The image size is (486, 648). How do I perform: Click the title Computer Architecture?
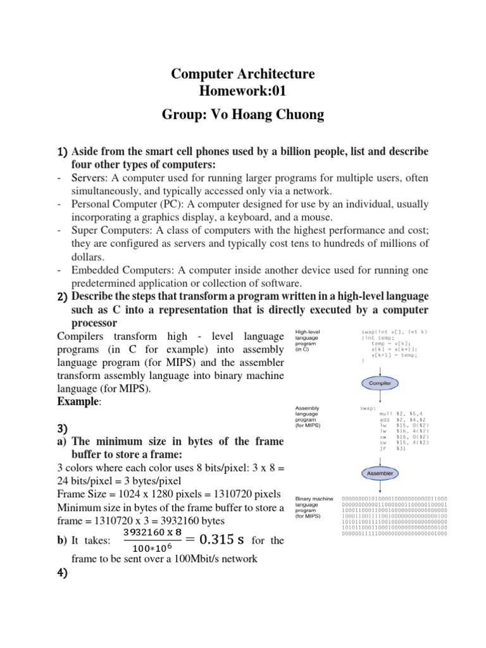click(x=243, y=75)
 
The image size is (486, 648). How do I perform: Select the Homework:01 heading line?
click(x=243, y=92)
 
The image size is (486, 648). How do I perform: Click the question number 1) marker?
click(x=62, y=153)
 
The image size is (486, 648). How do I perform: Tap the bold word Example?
click(x=75, y=402)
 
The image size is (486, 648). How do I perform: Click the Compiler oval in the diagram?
click(x=379, y=383)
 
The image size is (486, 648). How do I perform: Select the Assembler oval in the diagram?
click(x=379, y=473)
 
